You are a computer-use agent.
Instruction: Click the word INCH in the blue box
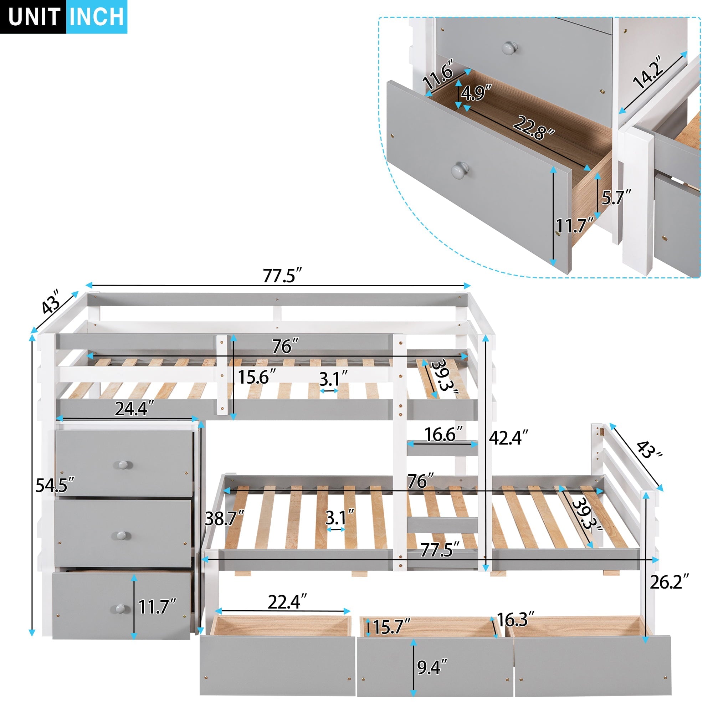click(x=97, y=17)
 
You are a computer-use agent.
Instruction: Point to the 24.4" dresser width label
click(x=134, y=409)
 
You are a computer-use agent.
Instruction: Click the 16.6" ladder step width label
click(x=443, y=434)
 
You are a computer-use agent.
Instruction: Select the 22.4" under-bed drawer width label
click(x=287, y=602)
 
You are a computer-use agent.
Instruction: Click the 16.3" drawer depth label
click(x=515, y=620)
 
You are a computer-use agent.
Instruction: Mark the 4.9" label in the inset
click(x=476, y=92)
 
